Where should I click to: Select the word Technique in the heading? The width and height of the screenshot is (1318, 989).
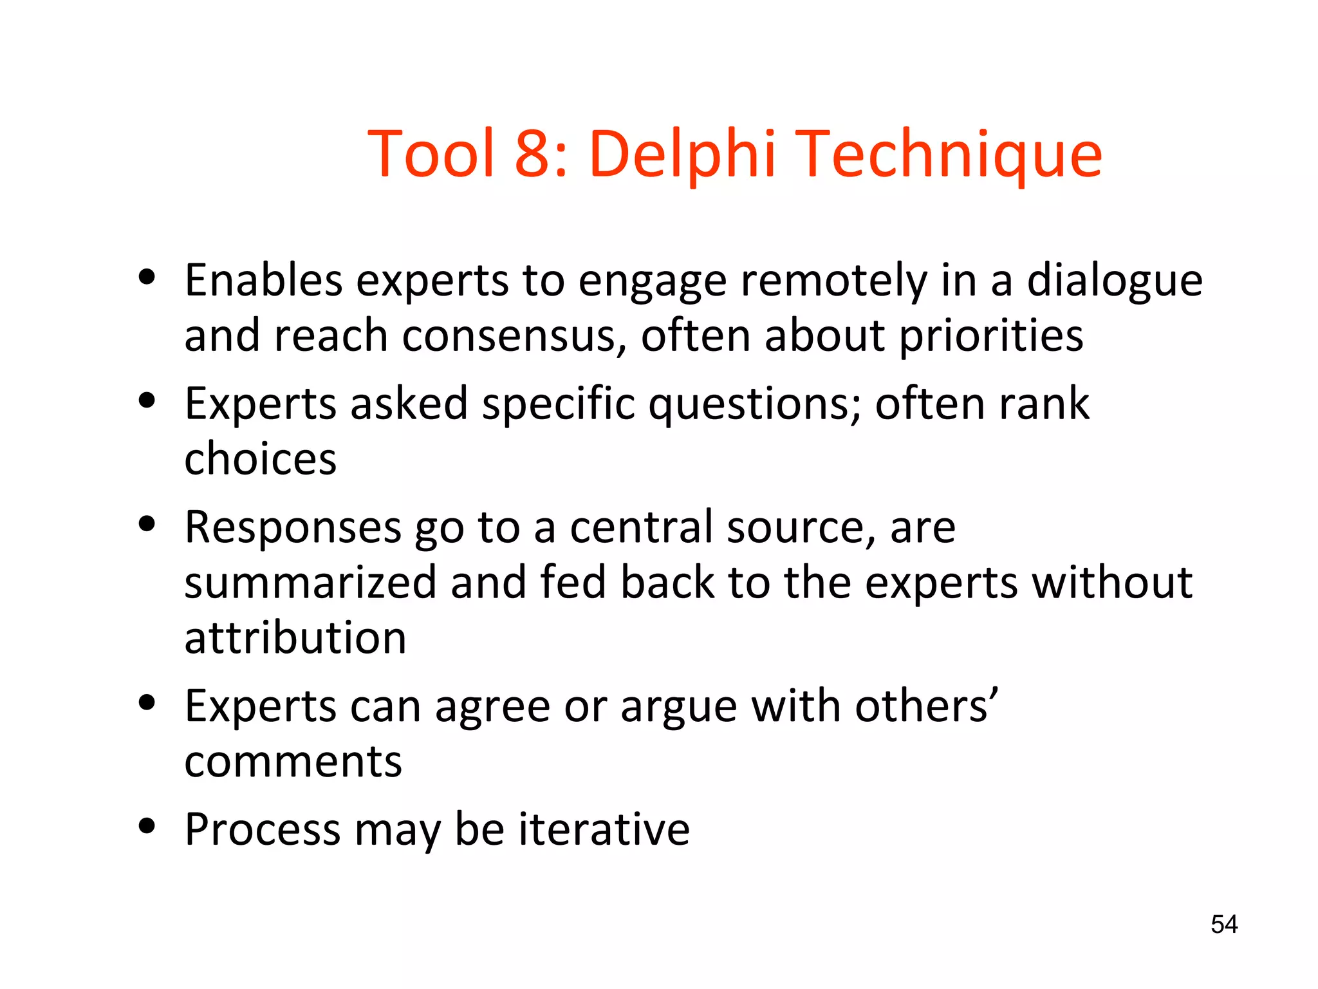951,155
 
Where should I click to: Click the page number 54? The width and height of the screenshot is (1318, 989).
1223,925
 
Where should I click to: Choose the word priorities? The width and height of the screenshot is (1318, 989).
991,337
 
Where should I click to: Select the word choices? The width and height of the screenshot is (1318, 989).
260,459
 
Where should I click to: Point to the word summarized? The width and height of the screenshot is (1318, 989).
310,583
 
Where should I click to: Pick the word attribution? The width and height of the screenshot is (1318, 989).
295,638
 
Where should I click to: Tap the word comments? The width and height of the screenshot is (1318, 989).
293,762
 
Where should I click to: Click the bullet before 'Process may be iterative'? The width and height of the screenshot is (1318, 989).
147,826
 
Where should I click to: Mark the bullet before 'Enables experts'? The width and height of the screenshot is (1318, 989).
147,278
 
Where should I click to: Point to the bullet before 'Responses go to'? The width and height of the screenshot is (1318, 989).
147,524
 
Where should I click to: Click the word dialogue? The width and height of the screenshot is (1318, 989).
1114,281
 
